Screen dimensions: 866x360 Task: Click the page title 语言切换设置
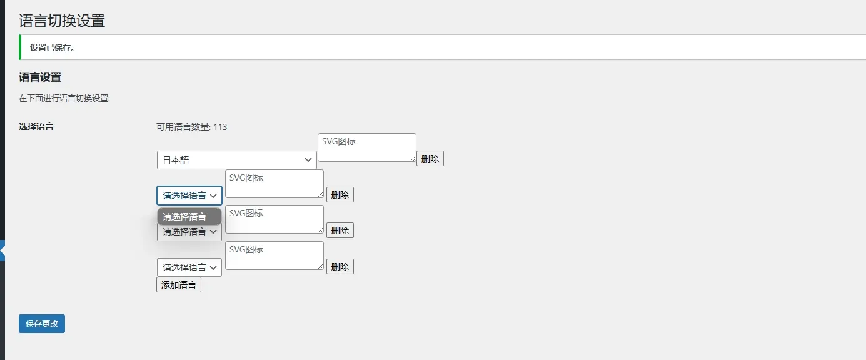(62, 21)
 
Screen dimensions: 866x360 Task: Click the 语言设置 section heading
(40, 77)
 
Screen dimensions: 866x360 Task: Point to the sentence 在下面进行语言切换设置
(64, 98)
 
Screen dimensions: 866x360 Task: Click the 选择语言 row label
(36, 126)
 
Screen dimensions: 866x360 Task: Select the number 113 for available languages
(220, 127)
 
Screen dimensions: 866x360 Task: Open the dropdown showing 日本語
(236, 160)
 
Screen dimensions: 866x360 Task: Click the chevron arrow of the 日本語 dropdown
(308, 160)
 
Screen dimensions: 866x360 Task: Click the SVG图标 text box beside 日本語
(367, 147)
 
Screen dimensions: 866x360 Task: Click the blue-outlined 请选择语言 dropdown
(189, 196)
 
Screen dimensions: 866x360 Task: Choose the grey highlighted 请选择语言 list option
(189, 217)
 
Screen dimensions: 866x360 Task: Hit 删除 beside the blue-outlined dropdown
(340, 194)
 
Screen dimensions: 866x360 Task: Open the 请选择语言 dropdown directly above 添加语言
(189, 267)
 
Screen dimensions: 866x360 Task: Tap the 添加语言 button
(179, 284)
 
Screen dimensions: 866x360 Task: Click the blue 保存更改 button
(42, 324)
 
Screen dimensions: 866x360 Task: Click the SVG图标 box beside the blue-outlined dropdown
(274, 184)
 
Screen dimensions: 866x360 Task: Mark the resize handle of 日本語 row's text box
(413, 158)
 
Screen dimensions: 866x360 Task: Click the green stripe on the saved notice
(20, 47)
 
